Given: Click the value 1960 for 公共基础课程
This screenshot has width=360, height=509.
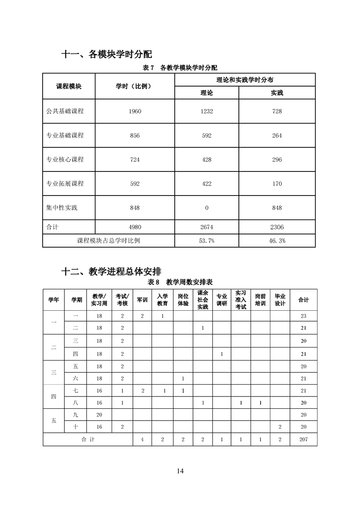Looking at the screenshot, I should [x=134, y=112].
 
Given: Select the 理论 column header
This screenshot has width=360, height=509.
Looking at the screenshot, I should [x=207, y=93].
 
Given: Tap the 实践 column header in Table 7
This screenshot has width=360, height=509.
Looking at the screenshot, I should [x=277, y=93].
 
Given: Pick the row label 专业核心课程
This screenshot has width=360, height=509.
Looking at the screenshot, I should [x=65, y=160].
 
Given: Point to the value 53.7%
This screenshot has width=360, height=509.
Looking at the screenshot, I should [x=207, y=241].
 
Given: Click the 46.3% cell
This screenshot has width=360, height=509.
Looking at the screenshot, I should [x=277, y=241].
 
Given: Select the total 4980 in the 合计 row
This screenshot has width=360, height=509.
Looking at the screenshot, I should [x=134, y=227].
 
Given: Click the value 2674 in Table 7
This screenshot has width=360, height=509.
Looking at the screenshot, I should [x=207, y=227].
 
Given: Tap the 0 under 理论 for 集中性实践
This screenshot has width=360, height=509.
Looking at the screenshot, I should [x=207, y=208].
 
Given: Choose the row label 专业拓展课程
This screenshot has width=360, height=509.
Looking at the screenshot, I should [x=65, y=184].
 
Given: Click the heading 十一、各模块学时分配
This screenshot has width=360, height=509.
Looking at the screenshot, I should [x=107, y=54].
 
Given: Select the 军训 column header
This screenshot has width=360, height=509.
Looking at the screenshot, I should [x=142, y=300].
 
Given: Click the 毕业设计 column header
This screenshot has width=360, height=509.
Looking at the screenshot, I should [x=280, y=300].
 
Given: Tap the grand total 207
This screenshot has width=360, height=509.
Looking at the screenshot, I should [x=303, y=440].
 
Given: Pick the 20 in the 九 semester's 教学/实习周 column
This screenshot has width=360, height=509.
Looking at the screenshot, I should [x=99, y=415].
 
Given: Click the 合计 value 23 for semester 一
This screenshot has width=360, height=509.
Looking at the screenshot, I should [x=303, y=316].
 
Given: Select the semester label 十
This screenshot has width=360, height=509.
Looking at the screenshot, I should [x=75, y=427].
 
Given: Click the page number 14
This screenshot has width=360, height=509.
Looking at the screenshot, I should [x=180, y=470].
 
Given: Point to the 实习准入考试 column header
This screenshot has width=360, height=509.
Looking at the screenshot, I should [x=241, y=300].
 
